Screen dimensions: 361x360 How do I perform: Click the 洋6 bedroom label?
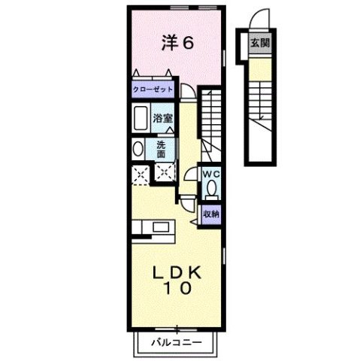(178, 43)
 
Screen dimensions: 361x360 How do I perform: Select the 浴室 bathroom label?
(163, 118)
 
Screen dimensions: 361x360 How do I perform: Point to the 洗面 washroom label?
(162, 148)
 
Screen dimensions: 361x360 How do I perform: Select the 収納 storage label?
(210, 214)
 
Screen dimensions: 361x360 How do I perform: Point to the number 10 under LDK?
(179, 288)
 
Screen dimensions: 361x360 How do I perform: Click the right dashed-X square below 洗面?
(163, 173)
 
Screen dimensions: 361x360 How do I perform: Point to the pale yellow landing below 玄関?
(260, 69)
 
